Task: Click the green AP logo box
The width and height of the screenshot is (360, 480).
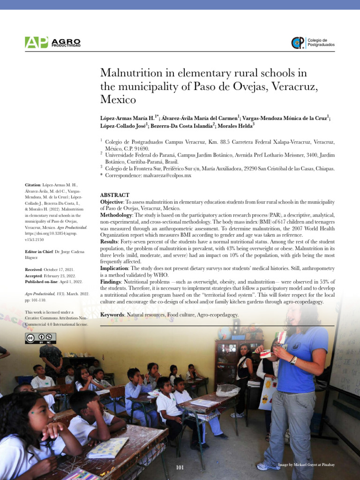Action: (37, 42)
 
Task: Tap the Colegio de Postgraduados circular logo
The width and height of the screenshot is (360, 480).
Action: (298, 43)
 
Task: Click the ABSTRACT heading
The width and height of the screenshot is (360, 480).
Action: (115, 195)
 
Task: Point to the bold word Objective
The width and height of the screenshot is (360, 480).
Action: (112, 202)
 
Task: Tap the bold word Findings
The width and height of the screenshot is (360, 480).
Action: (112, 281)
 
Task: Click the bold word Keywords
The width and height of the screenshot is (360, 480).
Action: (113, 315)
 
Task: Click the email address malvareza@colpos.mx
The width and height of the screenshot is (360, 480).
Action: (167, 175)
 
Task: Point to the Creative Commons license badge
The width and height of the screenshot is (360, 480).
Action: (41, 338)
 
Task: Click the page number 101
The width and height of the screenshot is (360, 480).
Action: (180, 468)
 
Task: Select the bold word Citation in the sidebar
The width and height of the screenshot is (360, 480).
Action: (33, 185)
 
